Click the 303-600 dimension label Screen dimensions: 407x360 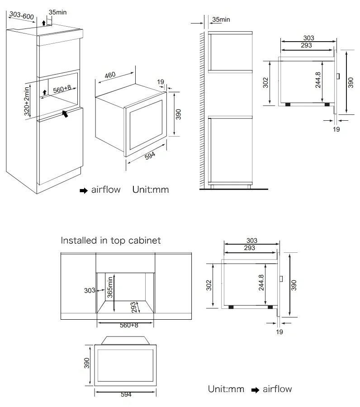tap(22, 16)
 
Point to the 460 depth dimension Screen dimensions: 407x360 tap(110, 76)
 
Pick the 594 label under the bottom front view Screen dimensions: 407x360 tap(126, 395)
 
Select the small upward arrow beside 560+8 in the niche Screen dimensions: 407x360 tap(44, 92)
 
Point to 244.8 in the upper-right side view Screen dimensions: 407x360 tap(318, 80)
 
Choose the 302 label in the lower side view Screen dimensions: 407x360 tap(208, 285)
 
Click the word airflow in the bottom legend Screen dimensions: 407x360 tap(277, 389)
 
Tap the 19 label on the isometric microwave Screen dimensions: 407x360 tap(161, 82)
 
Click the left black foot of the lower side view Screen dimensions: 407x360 tap(231, 307)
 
